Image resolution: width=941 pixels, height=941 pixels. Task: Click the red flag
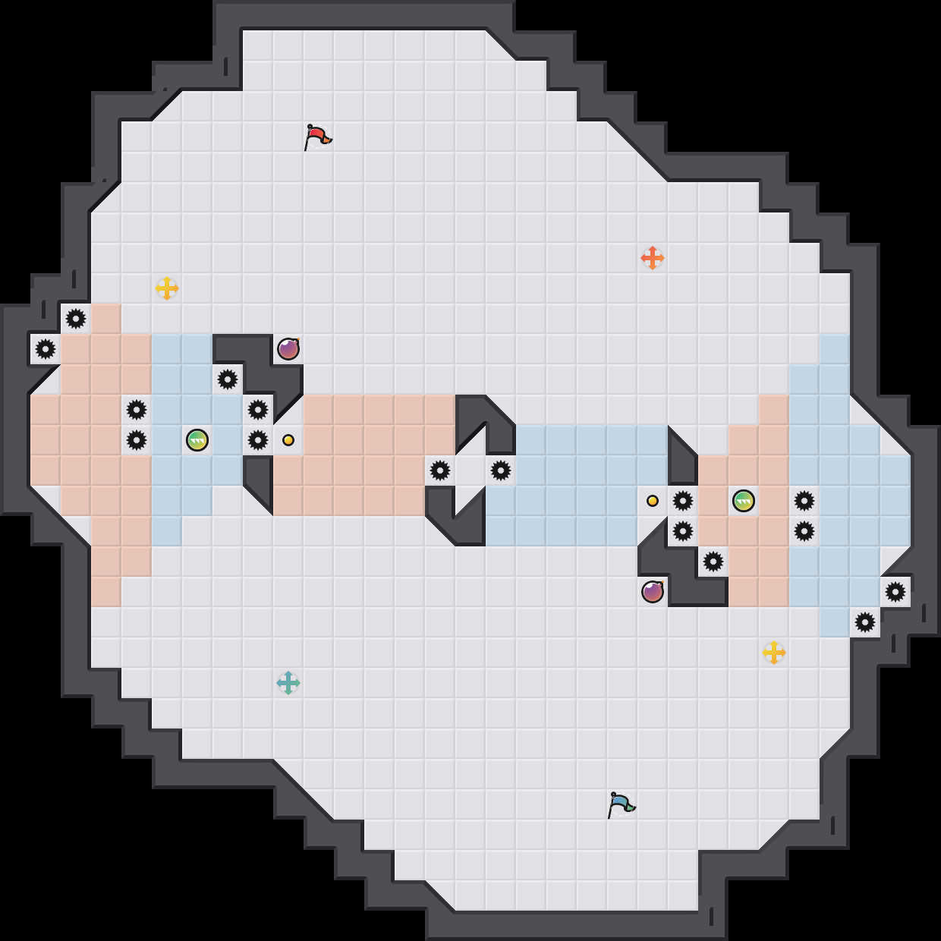317,137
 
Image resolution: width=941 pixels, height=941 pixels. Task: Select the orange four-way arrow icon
653,258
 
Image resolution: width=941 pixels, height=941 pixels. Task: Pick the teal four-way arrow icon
288,683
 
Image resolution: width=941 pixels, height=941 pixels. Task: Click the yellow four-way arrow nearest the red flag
167,288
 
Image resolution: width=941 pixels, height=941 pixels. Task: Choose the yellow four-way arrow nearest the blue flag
774,653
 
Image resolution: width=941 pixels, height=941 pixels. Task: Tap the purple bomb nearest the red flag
288,349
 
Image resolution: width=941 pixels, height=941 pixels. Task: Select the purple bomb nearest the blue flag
653,592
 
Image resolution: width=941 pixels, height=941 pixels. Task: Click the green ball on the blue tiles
197,440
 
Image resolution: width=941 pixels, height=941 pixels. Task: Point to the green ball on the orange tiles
744,501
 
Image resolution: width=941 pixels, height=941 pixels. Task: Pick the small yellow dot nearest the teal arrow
288,440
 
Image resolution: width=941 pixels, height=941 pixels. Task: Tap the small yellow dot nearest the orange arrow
653,501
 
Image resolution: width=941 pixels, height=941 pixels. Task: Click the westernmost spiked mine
46,349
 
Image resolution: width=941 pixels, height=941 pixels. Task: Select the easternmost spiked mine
895,592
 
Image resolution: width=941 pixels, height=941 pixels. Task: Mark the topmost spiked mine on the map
76,319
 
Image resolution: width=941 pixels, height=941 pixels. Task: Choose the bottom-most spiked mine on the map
865,622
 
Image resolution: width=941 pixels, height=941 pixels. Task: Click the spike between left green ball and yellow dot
258,440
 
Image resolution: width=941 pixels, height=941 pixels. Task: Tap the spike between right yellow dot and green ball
683,501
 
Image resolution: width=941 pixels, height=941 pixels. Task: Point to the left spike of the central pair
440,470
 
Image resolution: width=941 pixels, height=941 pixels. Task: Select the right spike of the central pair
501,470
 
